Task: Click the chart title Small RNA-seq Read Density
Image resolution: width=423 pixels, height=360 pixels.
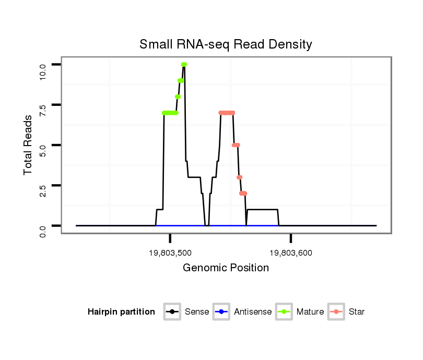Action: (226, 44)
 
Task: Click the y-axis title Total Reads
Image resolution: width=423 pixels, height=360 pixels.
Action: (29, 145)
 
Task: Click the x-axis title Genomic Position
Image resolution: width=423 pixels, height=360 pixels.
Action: (226, 268)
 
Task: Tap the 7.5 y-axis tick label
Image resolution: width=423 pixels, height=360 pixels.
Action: (43, 105)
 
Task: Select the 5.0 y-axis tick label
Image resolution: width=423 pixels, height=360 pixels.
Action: (43, 145)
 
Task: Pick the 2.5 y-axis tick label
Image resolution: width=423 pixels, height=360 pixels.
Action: (43, 186)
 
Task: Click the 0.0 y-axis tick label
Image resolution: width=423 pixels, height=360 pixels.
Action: (43, 226)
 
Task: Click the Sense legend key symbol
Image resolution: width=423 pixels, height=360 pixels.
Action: (172, 312)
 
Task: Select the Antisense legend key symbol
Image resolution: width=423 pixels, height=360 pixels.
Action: (222, 312)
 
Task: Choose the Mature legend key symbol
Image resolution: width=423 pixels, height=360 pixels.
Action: (285, 312)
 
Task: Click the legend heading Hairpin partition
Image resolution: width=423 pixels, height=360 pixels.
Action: (121, 312)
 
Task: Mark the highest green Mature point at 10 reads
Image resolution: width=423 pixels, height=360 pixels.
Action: (184, 64)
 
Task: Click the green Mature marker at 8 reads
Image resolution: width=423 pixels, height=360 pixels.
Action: (178, 97)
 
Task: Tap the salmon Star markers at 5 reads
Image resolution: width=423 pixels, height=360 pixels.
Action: (236, 145)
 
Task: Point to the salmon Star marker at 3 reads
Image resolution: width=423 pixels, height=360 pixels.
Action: (240, 177)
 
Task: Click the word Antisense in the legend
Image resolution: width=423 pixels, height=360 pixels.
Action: (253, 312)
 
